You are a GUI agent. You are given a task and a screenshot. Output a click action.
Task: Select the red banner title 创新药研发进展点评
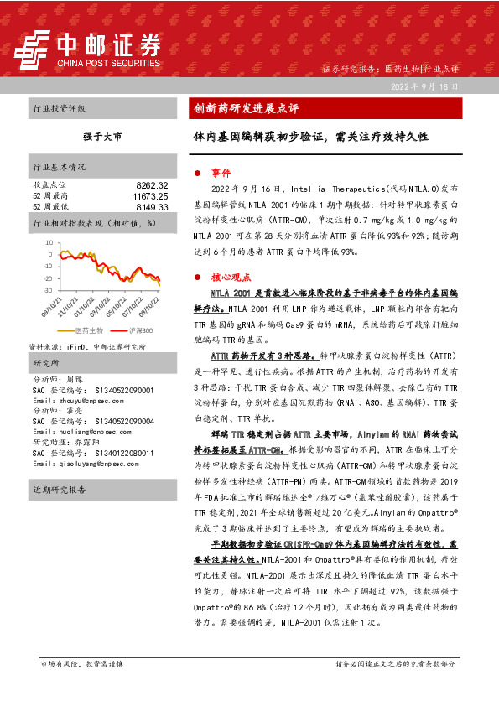247,108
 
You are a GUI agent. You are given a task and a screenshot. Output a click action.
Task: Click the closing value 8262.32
152,184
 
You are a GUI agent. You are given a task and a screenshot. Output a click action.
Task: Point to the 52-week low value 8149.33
152,206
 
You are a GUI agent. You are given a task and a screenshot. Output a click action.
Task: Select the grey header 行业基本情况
60,166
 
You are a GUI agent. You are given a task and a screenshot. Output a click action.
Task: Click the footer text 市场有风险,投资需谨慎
81,663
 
